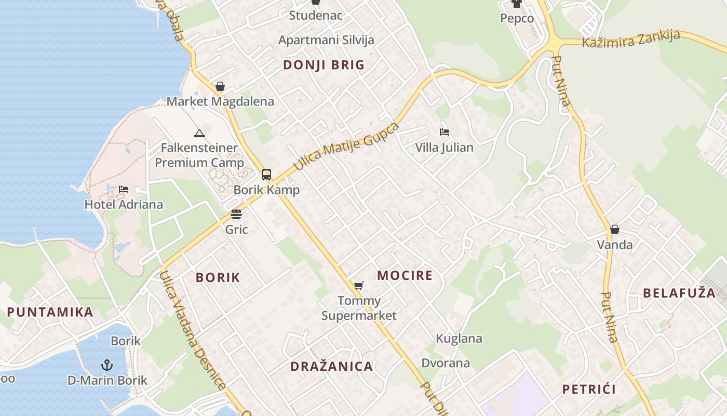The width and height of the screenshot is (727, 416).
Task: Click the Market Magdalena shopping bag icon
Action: pyautogui.click(x=220, y=86)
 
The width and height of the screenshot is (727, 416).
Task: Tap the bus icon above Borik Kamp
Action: pyautogui.click(x=266, y=175)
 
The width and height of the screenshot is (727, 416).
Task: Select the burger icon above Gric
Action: pyautogui.click(x=236, y=214)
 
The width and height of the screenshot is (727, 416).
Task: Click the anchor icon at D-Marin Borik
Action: pyautogui.click(x=107, y=365)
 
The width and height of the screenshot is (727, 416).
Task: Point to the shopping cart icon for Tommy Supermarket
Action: pyautogui.click(x=358, y=285)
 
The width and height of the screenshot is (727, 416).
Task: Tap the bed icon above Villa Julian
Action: pyautogui.click(x=444, y=132)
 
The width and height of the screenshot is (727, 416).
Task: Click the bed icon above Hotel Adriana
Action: pyautogui.click(x=124, y=189)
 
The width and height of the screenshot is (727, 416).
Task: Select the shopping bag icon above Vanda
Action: pyautogui.click(x=615, y=229)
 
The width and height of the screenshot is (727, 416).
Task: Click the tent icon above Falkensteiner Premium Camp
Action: pyautogui.click(x=199, y=134)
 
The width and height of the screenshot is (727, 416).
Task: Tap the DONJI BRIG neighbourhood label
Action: pyautogui.click(x=324, y=65)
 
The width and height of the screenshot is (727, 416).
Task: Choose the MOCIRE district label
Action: pyautogui.click(x=405, y=275)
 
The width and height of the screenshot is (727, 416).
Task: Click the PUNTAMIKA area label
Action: pyautogui.click(x=50, y=313)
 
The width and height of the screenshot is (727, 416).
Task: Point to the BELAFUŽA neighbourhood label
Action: pyautogui.click(x=679, y=293)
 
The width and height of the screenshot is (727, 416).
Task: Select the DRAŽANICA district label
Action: pyautogui.click(x=331, y=366)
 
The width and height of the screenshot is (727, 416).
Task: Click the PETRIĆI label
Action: pyautogui.click(x=589, y=389)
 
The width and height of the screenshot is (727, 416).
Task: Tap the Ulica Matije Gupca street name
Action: pyautogui.click(x=346, y=146)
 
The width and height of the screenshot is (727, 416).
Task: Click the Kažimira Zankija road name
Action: pyautogui.click(x=631, y=39)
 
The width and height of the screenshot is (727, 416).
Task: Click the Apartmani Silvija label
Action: pyautogui.click(x=326, y=40)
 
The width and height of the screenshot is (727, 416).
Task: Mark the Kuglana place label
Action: pyautogui.click(x=459, y=339)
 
